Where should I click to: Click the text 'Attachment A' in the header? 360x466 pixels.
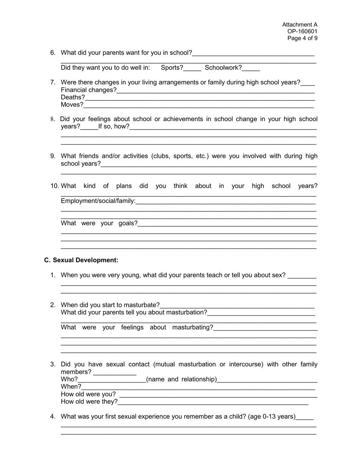[x=300, y=25]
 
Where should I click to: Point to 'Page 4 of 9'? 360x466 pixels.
[x=302, y=38]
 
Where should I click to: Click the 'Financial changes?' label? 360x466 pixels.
[x=89, y=90]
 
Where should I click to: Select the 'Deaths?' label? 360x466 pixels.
[x=73, y=97]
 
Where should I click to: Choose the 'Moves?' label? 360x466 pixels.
[x=72, y=105]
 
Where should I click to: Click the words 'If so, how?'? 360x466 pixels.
[x=114, y=126]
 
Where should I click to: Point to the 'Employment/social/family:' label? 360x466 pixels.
[x=98, y=201]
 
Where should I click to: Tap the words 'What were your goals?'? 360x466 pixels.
[x=99, y=223]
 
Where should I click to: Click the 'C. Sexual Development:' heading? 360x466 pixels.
[x=81, y=260]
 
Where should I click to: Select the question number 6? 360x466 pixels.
[x=53, y=53]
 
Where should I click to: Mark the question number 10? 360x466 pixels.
[x=55, y=186]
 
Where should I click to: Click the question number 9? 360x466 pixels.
[x=53, y=156]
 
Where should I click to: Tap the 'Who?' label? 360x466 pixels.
[x=69, y=380]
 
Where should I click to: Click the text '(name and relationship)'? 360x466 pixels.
[x=182, y=380]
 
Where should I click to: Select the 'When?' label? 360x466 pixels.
[x=71, y=387]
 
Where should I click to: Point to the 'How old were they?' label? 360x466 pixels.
[x=89, y=402]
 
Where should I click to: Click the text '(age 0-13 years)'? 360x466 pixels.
[x=272, y=417]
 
